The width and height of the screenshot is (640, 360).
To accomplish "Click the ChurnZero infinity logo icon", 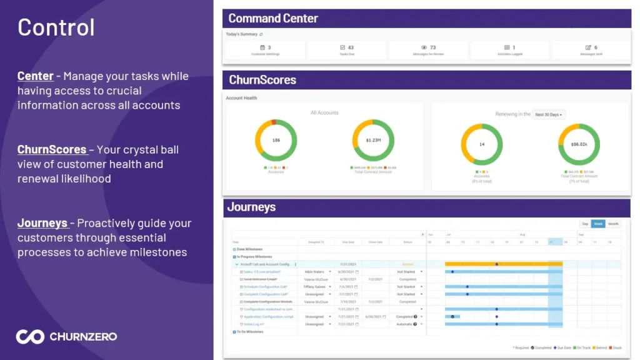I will tap(30, 336).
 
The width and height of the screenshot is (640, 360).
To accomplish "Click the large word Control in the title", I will tap(56, 27).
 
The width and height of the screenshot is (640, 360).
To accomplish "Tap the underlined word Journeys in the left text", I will tap(42, 223).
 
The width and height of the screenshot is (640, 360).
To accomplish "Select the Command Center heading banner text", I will tap(273, 18).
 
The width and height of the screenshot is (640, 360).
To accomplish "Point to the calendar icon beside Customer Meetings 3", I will tap(262, 47).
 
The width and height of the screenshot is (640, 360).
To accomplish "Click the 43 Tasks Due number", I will tap(351, 47).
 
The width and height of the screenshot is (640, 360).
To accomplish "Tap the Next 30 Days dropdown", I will tap(548, 114).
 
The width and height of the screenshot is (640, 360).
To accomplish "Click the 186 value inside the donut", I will tap(276, 141).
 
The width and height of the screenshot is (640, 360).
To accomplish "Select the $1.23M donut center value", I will tap(373, 141).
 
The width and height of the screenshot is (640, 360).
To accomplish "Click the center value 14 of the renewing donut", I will tap(482, 144).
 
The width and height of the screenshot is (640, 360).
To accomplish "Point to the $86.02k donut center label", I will tap(579, 144).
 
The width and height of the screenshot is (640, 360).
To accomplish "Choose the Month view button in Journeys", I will tap(613, 224).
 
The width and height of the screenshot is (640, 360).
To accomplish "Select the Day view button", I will tap(585, 224).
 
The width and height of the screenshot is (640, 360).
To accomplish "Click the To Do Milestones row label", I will tap(250, 332).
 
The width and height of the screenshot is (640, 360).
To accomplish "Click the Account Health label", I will tap(241, 98).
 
